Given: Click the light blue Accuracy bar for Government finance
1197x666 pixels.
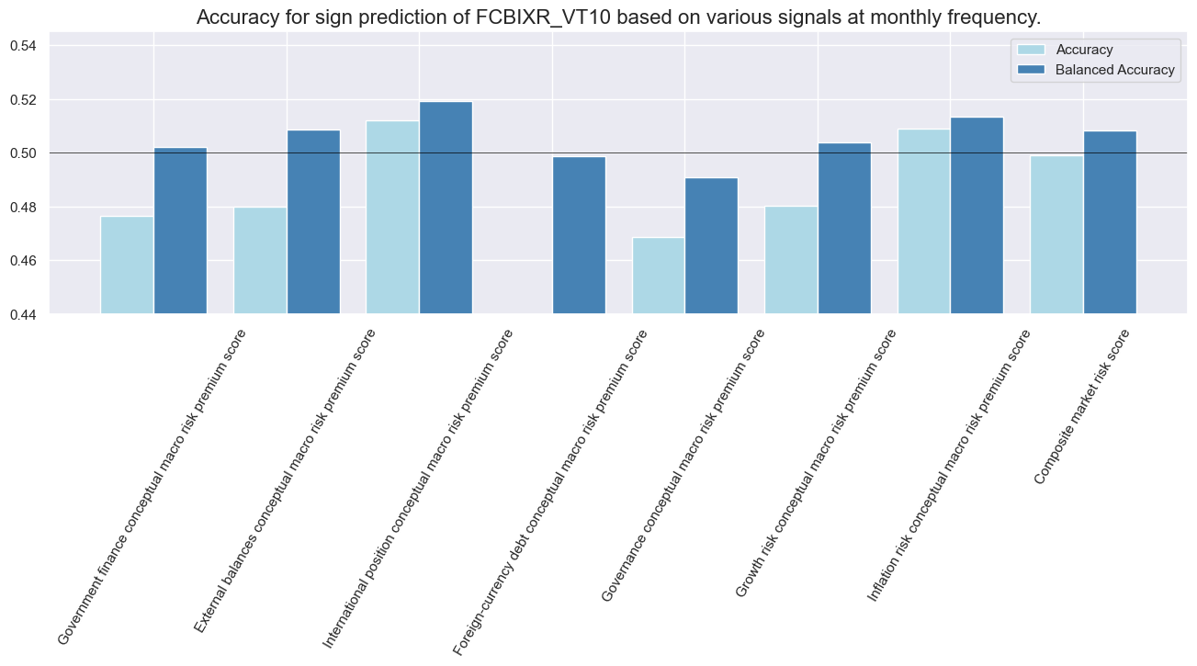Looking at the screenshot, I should point(127,265).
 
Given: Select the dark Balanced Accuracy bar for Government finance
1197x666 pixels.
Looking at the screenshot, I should point(180,231).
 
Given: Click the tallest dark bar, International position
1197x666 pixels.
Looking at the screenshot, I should point(446,208).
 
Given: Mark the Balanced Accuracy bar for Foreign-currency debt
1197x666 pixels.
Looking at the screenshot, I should point(579,235).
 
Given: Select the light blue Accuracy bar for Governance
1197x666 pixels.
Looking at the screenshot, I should point(659,276).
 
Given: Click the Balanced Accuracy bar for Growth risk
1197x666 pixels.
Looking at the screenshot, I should point(844,229).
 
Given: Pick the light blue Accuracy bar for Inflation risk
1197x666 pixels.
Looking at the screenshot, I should point(924,221).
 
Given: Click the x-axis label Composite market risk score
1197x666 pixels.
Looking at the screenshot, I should point(1082,408).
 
